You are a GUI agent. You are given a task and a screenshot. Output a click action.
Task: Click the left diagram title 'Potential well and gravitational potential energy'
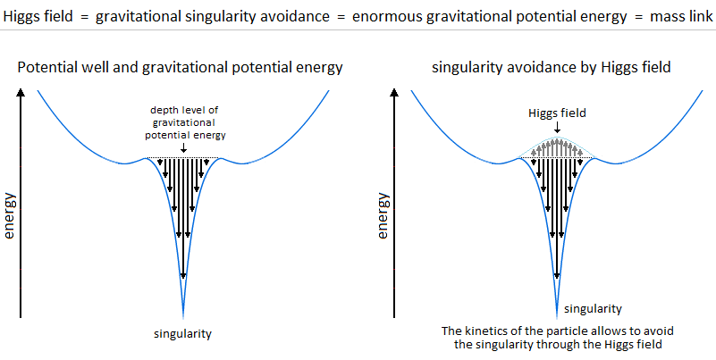[181, 67]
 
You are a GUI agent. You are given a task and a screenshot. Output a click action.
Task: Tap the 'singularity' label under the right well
[594, 308]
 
